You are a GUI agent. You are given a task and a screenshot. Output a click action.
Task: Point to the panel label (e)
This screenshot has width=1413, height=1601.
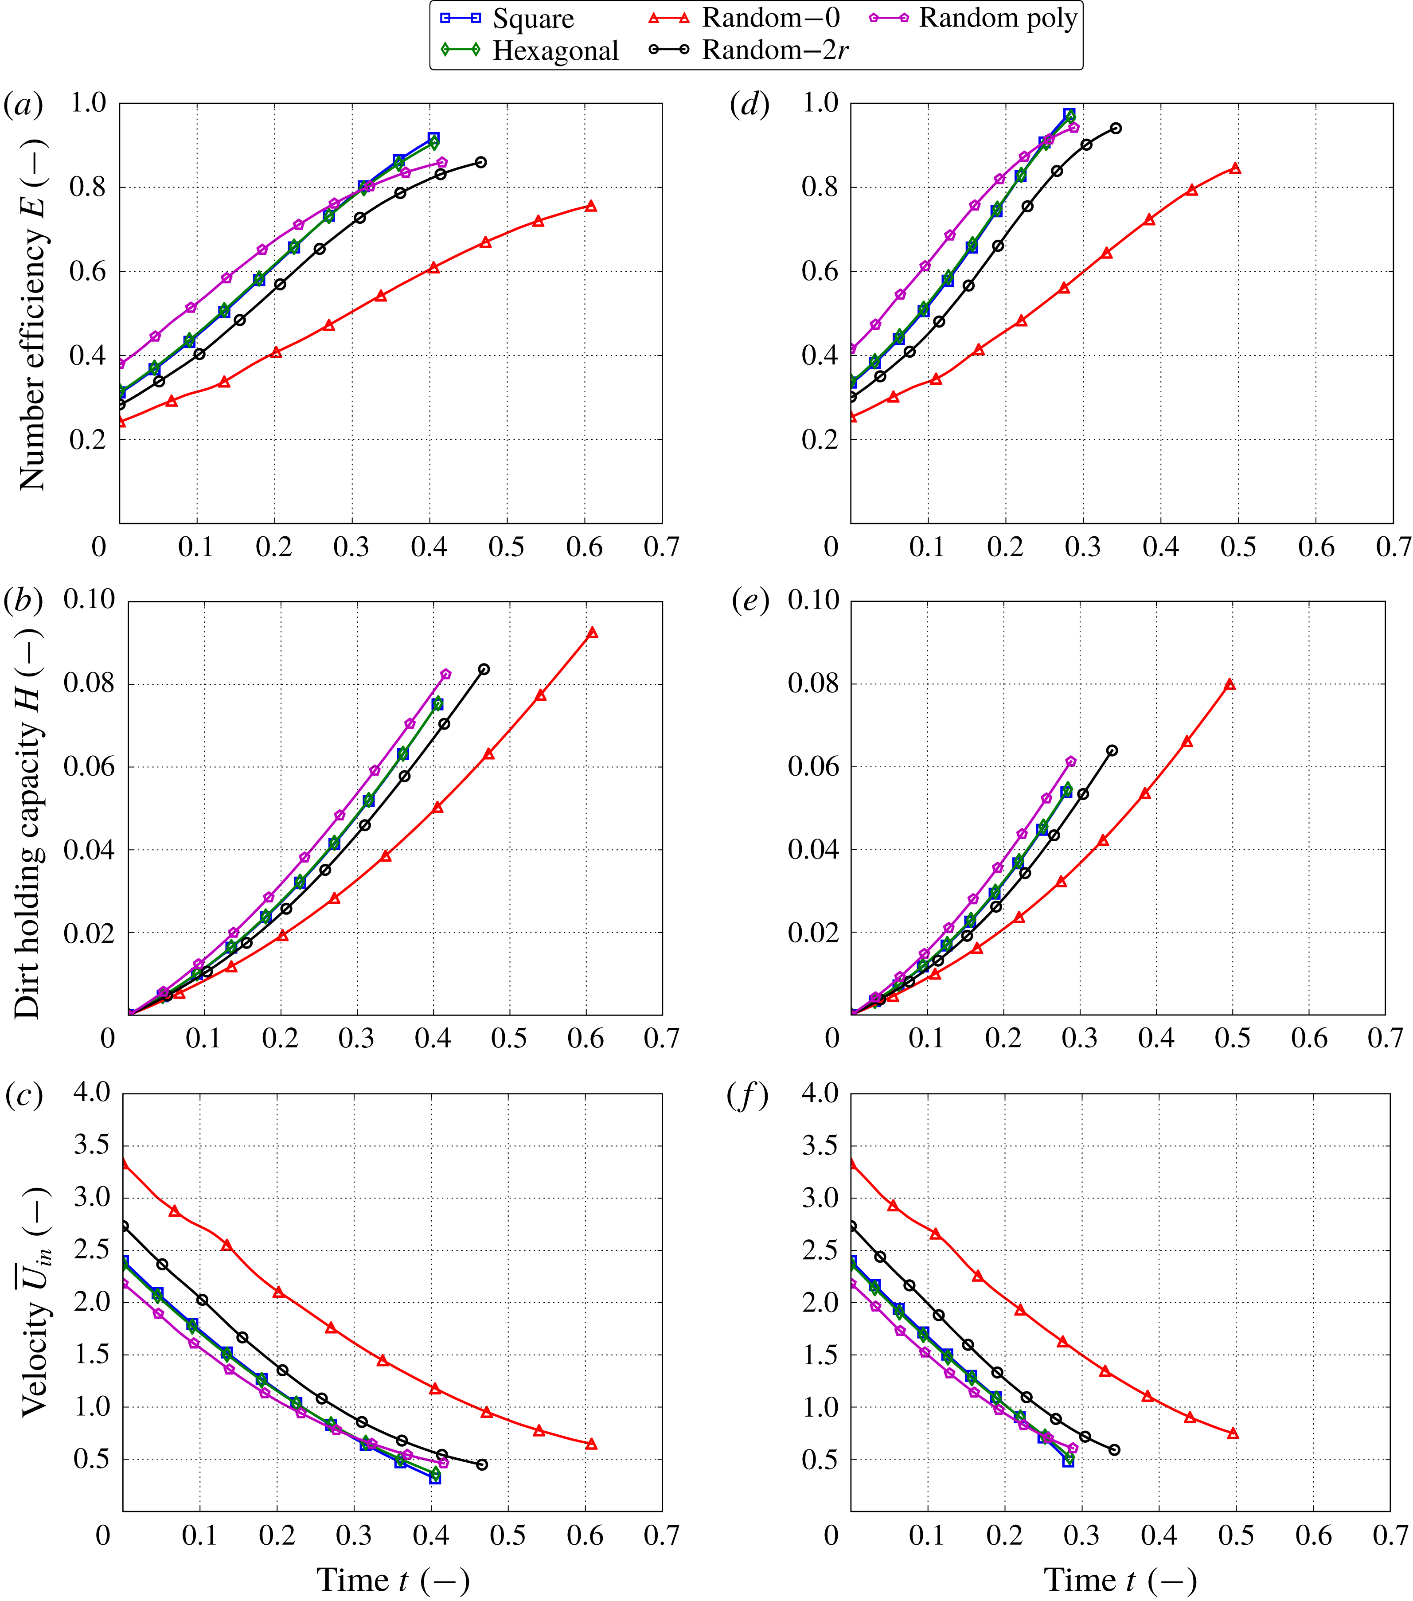point(749,601)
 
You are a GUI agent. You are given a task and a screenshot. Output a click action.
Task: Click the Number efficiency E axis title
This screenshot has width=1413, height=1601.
point(33,313)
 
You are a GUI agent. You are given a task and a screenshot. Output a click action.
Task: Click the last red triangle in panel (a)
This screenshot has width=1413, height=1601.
point(590,206)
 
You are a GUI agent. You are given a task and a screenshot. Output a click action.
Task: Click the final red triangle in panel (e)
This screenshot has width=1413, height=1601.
point(1230,684)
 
